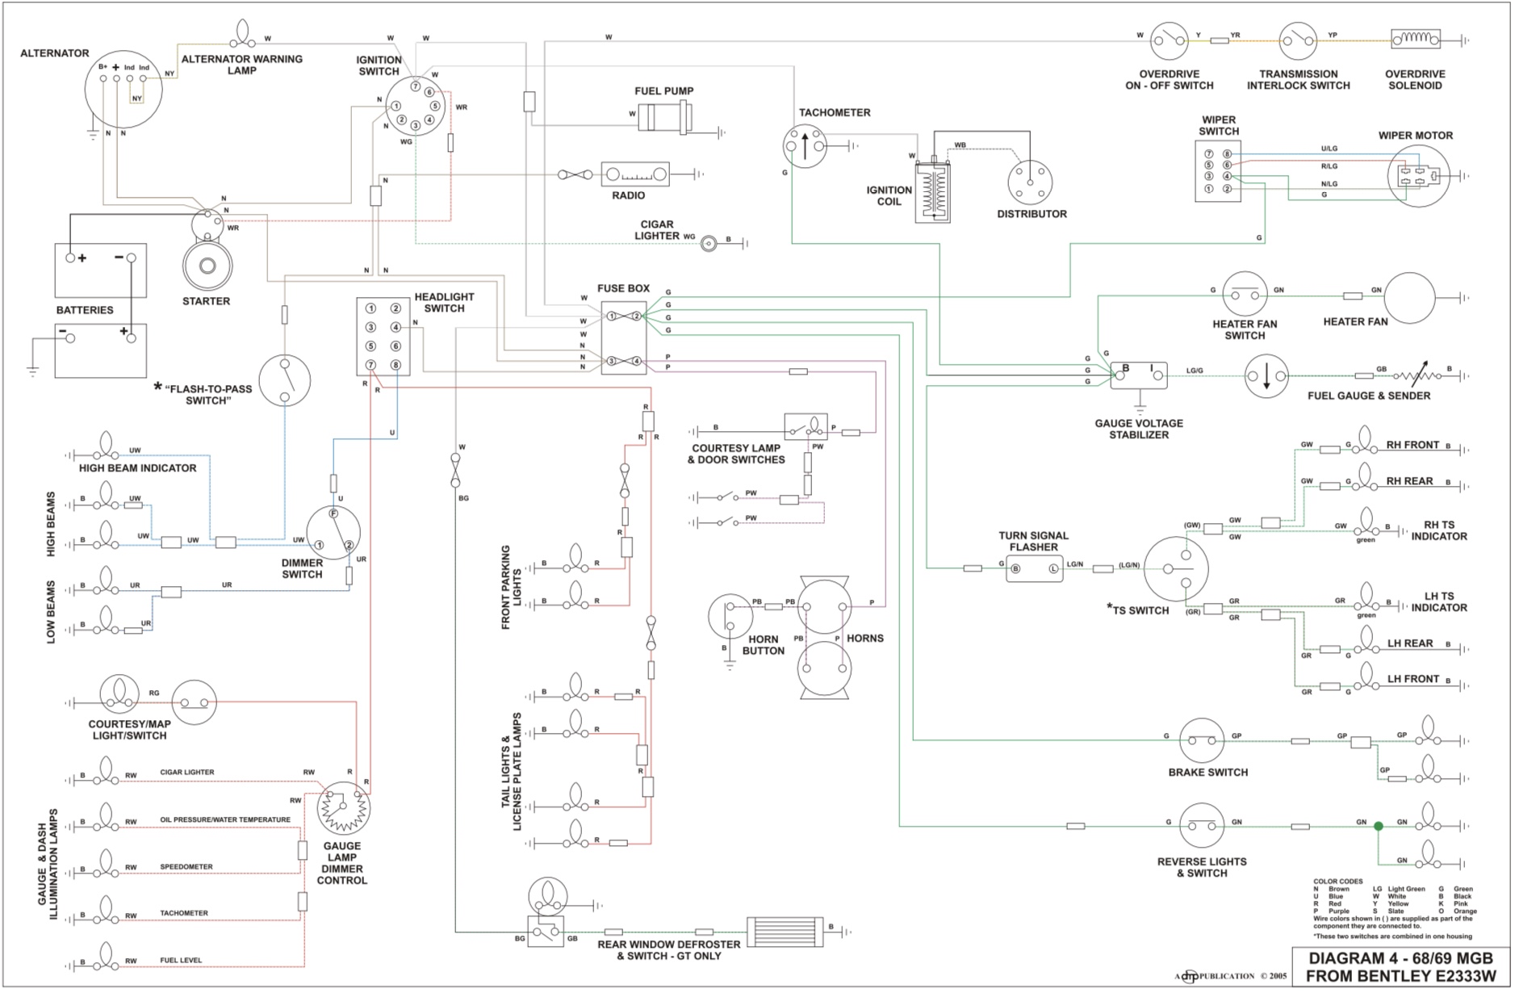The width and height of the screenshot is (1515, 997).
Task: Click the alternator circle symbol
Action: [123, 89]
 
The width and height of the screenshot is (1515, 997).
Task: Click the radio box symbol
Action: [635, 174]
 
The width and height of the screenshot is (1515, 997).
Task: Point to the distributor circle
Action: [1031, 182]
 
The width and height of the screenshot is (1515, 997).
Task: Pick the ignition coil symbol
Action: [932, 191]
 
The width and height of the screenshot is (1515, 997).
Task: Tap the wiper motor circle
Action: [1418, 175]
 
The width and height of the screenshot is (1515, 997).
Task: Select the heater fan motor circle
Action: [1409, 297]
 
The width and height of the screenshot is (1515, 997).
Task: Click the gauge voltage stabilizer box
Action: [1138, 375]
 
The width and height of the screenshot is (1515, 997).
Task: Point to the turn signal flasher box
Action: [1034, 568]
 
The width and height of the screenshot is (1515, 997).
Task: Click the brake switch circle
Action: [1202, 740]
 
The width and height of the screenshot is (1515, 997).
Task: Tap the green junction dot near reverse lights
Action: [1379, 826]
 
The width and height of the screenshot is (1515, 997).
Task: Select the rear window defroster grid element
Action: [785, 932]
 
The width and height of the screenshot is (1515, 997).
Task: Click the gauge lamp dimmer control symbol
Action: [344, 809]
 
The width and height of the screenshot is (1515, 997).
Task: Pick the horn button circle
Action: [730, 618]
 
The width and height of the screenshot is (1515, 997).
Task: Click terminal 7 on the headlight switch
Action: [370, 365]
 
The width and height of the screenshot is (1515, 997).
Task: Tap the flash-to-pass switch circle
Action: [285, 380]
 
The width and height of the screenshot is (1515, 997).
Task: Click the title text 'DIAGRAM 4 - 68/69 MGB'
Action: [1400, 958]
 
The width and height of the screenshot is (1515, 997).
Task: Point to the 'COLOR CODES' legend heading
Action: [1337, 882]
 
